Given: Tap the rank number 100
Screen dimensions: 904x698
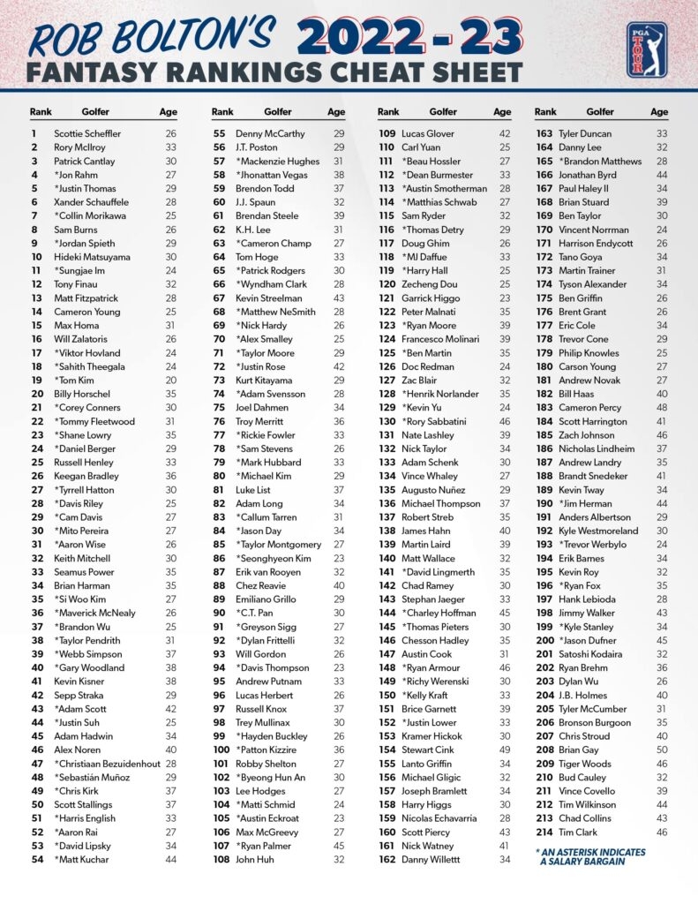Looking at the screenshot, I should [x=221, y=749].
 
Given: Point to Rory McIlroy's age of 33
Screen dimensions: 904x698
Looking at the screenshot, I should [x=170, y=147].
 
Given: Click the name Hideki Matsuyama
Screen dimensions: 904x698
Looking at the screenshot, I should [x=91, y=257].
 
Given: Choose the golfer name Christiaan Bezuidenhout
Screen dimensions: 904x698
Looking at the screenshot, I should [x=104, y=763].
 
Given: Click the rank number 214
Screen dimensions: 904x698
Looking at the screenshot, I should [x=544, y=832].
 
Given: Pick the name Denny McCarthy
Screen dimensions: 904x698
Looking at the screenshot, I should [x=270, y=134].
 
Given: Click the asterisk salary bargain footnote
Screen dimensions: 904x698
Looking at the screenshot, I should [x=589, y=856].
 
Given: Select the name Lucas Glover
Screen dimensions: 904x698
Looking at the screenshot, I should [x=428, y=134].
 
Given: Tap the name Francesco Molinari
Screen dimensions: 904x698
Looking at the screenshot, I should [x=439, y=339].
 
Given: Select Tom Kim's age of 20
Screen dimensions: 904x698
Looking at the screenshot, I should [x=170, y=380].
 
